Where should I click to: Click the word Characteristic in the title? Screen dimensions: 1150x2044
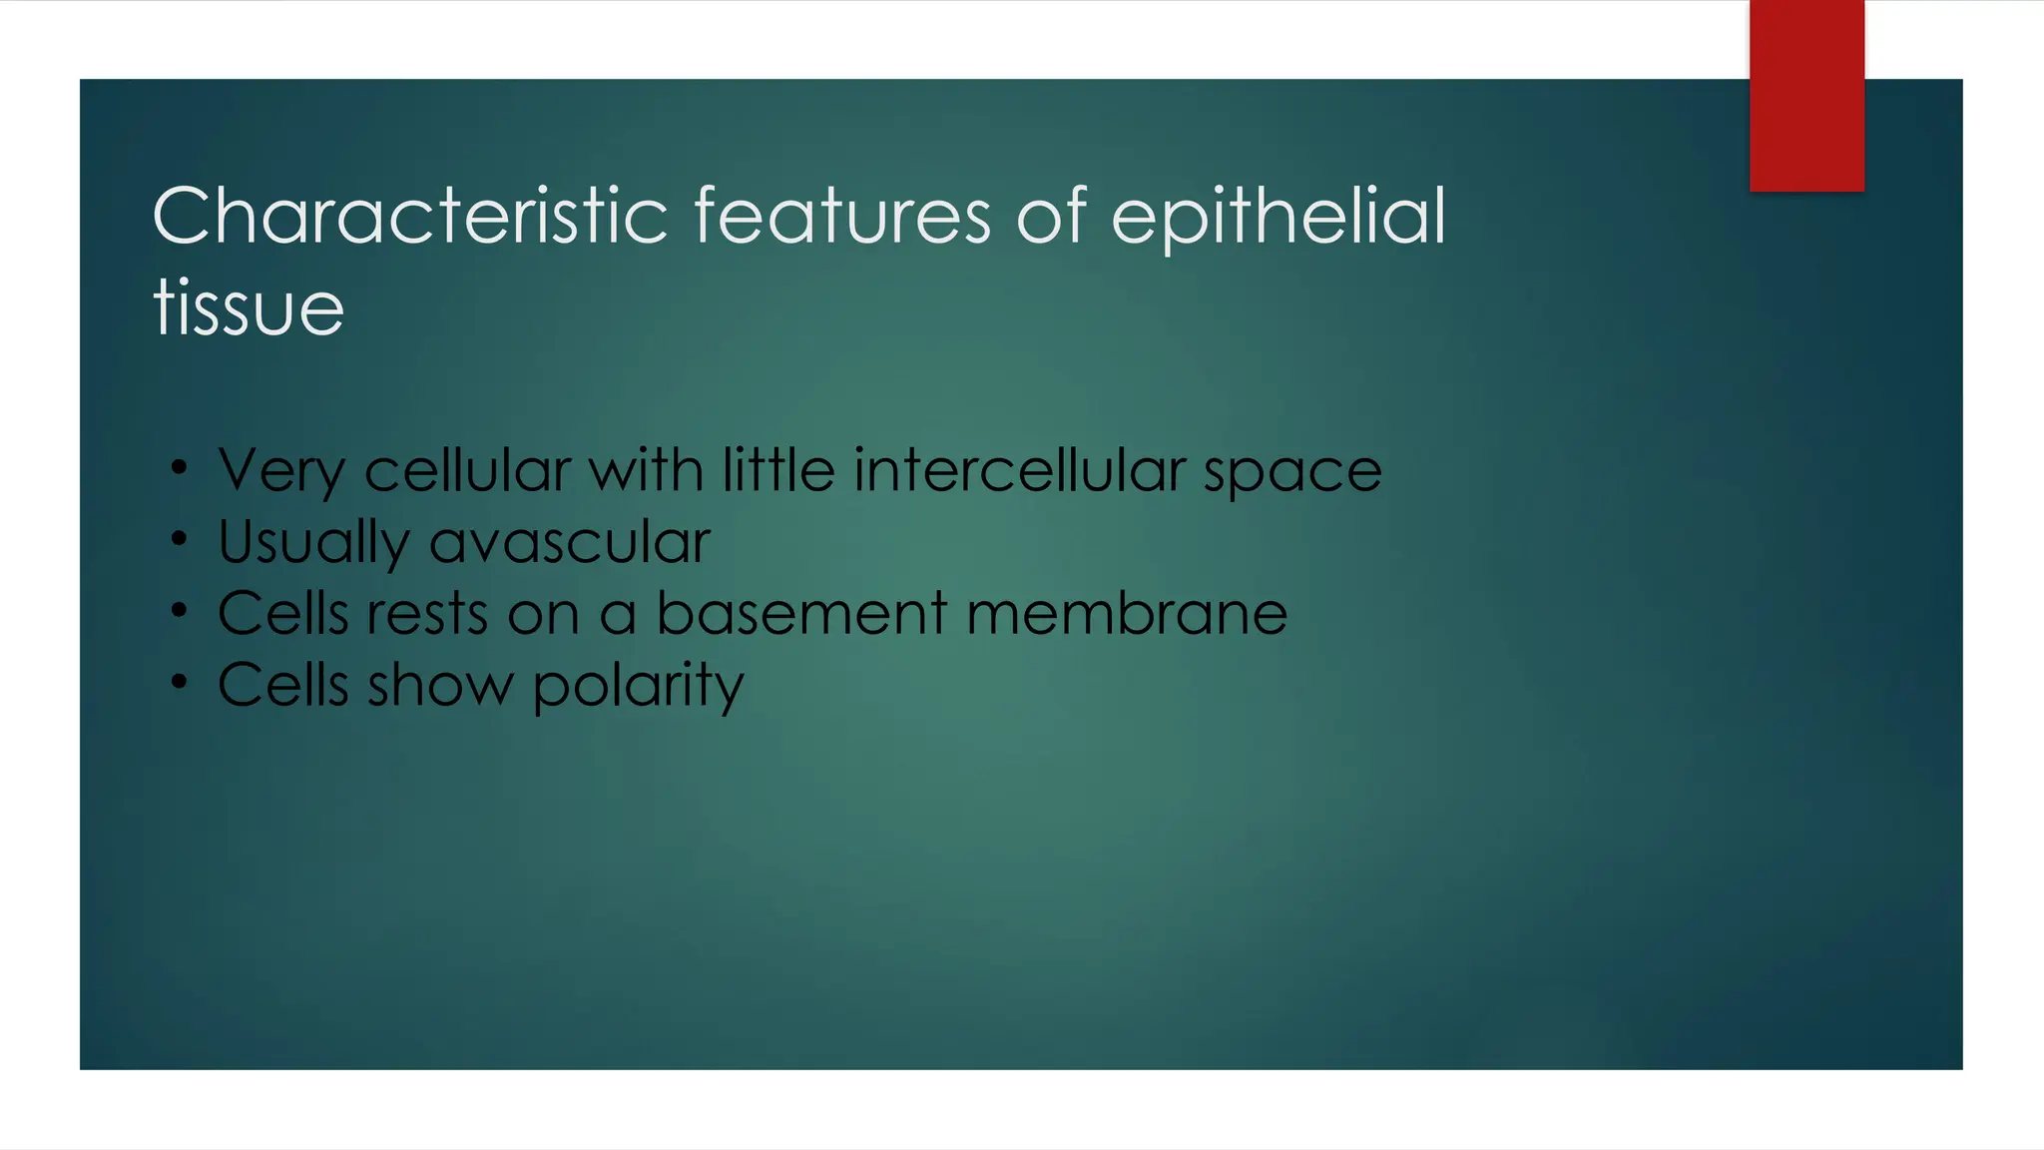pyautogui.click(x=409, y=216)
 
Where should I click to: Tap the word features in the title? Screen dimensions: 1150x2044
pyautogui.click(x=841, y=216)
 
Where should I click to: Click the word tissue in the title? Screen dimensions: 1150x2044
pyautogui.click(x=249, y=307)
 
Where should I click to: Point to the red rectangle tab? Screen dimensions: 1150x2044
pyautogui.click(x=1806, y=96)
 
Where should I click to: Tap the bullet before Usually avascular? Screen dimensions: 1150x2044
pyautogui.click(x=179, y=539)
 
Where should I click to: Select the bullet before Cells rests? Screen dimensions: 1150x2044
pyautogui.click(x=179, y=610)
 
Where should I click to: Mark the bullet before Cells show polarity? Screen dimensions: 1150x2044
pyautogui.click(x=179, y=682)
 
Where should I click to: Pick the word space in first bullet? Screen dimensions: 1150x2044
pyautogui.click(x=1292, y=473)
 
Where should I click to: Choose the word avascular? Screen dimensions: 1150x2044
pyautogui.click(x=570, y=542)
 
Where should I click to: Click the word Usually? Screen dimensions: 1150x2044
pyautogui.click(x=313, y=544)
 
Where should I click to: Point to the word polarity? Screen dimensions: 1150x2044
pyautogui.click(x=638, y=687)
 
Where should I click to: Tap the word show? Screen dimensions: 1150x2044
pyautogui.click(x=440, y=685)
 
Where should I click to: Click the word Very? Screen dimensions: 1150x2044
pyautogui.click(x=282, y=471)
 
